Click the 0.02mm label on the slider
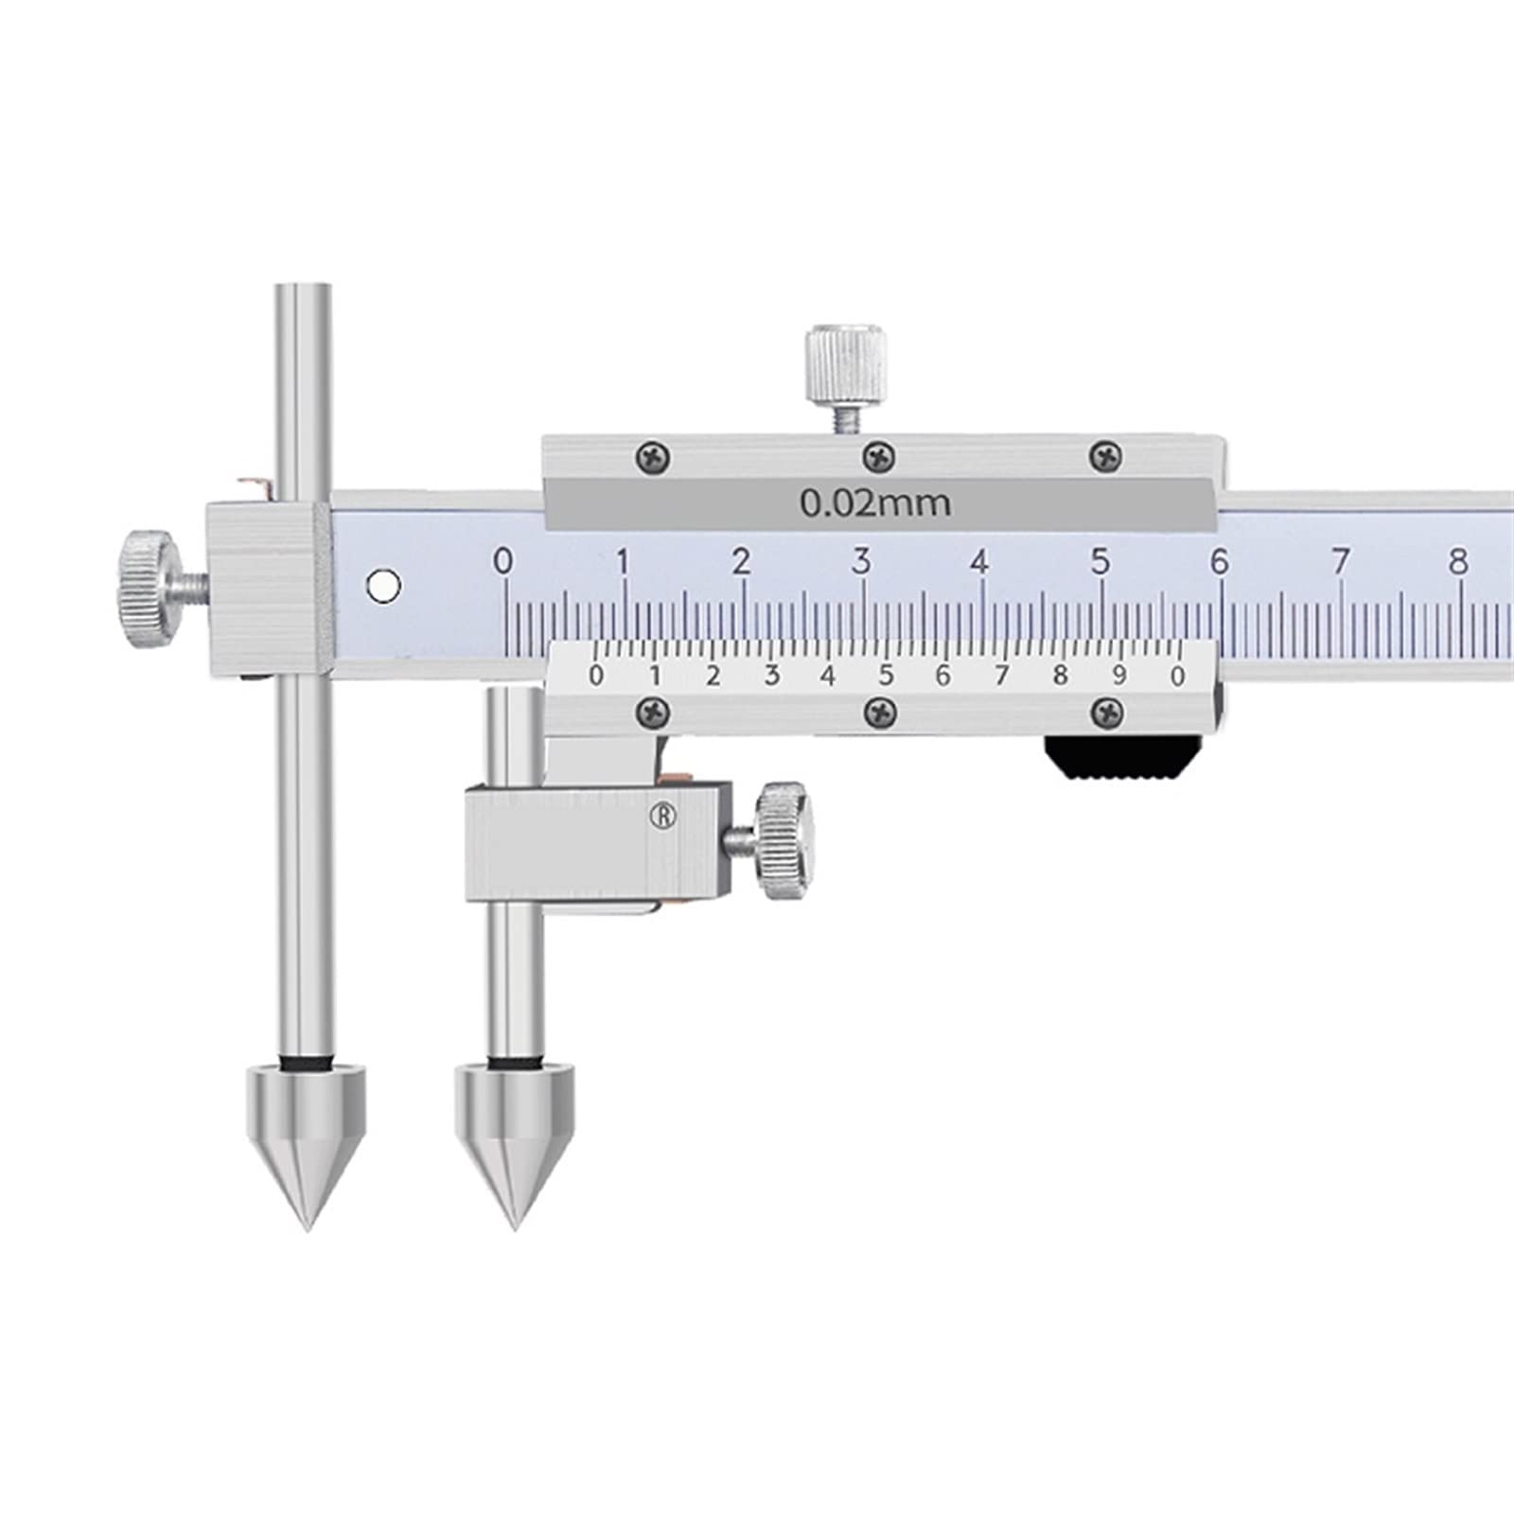click(x=875, y=502)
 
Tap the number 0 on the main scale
click(x=503, y=561)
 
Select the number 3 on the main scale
click(x=860, y=561)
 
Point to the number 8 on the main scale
click(x=1458, y=561)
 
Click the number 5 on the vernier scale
click(x=886, y=676)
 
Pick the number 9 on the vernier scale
click(x=1119, y=676)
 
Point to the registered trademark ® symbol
click(x=664, y=817)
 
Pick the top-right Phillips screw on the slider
click(x=1105, y=458)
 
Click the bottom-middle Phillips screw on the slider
click(x=881, y=711)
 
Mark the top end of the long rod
click(x=305, y=289)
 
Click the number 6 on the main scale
click(x=1219, y=561)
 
